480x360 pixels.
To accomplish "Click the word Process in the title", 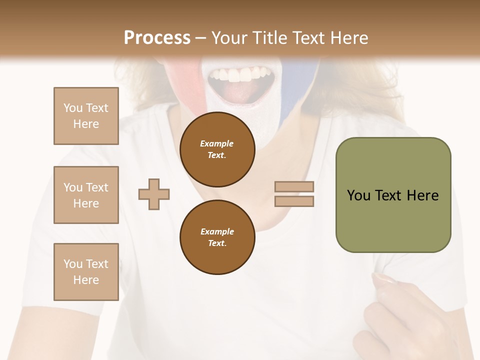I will click(x=157, y=38).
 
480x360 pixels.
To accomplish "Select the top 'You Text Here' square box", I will click(x=86, y=116).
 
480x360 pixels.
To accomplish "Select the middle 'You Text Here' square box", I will click(x=86, y=195).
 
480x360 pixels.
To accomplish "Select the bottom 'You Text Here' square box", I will click(x=86, y=272).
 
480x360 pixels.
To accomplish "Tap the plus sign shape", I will click(x=154, y=193).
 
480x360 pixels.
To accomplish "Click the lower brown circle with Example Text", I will click(x=217, y=237).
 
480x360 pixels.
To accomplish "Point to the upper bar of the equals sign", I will click(x=294, y=186).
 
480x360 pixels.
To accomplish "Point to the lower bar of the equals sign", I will click(x=294, y=201).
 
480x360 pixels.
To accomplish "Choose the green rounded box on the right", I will click(x=393, y=220).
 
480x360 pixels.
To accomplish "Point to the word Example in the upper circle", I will click(x=217, y=143).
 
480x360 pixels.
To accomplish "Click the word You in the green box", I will click(x=358, y=195).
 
